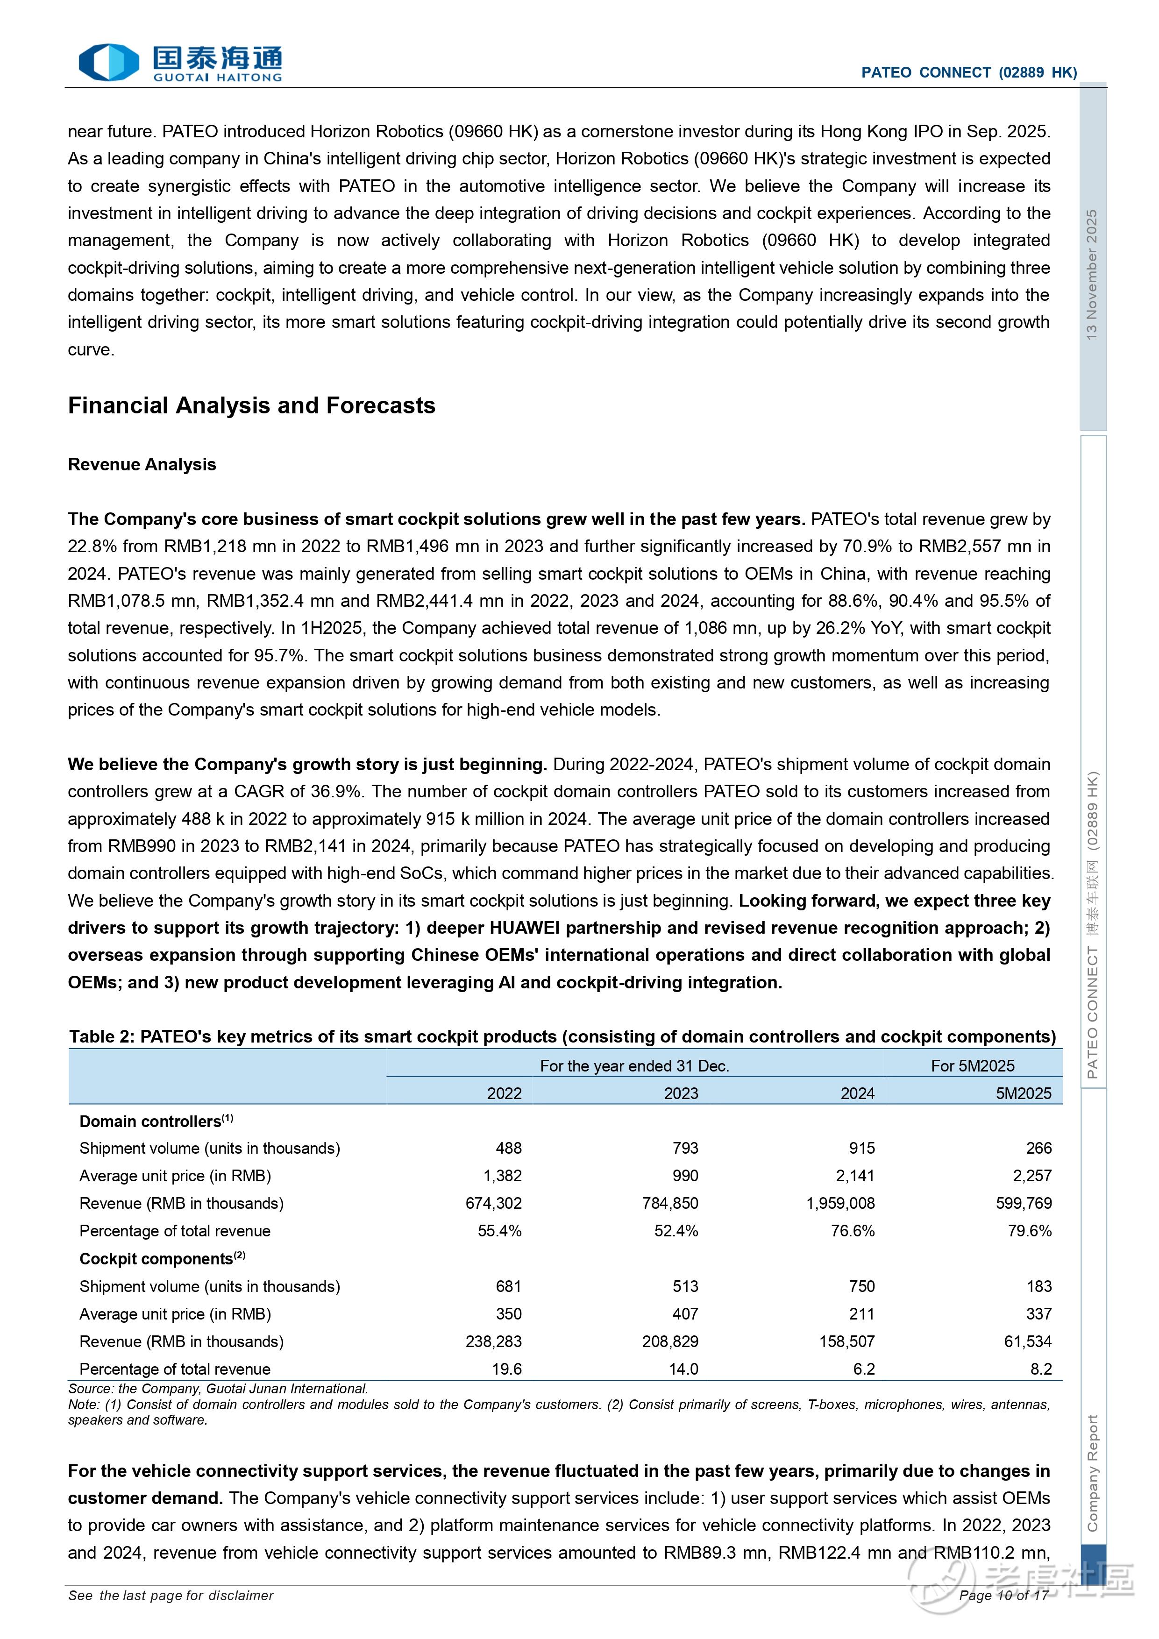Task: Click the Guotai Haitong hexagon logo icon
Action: tap(108, 62)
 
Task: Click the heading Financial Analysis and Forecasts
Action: tap(251, 405)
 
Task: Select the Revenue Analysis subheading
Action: tap(142, 465)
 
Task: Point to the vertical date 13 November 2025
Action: tap(1091, 275)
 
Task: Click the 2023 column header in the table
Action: tap(681, 1093)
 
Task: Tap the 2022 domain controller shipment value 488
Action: tap(508, 1149)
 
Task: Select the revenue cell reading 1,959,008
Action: tap(840, 1204)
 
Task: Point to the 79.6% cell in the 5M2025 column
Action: tap(1029, 1231)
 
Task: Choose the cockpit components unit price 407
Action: tap(685, 1314)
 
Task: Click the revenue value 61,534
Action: tap(1028, 1342)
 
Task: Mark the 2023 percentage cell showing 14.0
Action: tap(683, 1369)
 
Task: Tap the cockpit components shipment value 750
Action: tap(861, 1286)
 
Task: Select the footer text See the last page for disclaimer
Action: tap(171, 1596)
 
